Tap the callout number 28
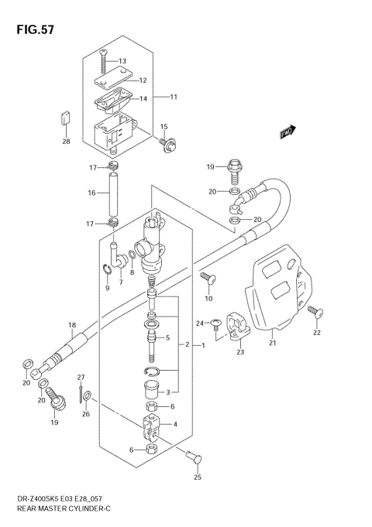[x=66, y=142]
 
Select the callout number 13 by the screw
[x=122, y=60]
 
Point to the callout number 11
[x=174, y=97]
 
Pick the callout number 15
[x=164, y=126]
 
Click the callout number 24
[x=199, y=323]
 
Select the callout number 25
[x=197, y=479]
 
